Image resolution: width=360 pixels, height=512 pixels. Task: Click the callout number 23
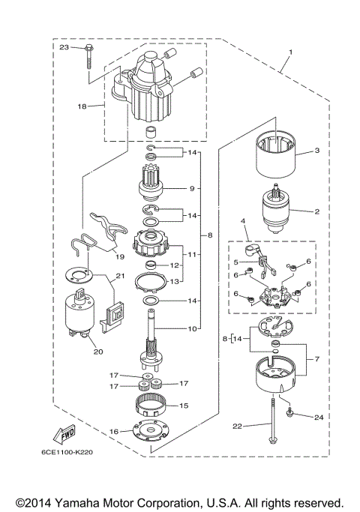click(x=64, y=47)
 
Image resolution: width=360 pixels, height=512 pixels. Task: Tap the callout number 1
click(x=289, y=53)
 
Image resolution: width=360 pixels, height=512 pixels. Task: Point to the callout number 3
click(x=317, y=151)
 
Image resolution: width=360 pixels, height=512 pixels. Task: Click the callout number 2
click(x=317, y=211)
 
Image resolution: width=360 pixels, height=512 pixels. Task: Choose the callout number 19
click(x=119, y=255)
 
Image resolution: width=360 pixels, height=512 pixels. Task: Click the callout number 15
click(x=184, y=406)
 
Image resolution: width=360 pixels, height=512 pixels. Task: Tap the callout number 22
click(x=237, y=426)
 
